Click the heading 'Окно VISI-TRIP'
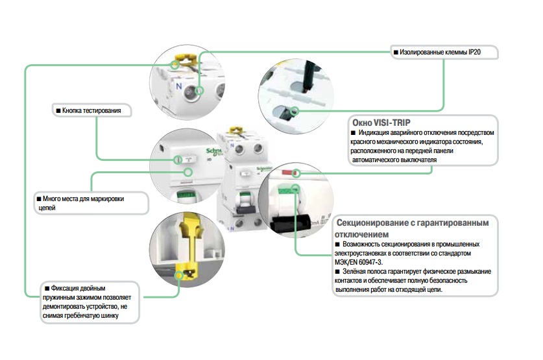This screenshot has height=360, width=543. pyautogui.click(x=381, y=123)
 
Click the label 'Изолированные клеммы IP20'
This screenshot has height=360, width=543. pyautogui.click(x=440, y=53)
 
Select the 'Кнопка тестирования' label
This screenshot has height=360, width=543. pyautogui.click(x=91, y=111)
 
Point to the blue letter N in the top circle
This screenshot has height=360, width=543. pyautogui.click(x=178, y=86)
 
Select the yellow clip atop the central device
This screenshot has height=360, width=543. pyautogui.click(x=237, y=130)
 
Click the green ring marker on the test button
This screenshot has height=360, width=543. pyautogui.click(x=178, y=160)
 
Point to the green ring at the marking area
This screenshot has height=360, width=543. pyautogui.click(x=188, y=172)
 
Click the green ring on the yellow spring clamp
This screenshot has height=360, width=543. pyautogui.click(x=178, y=276)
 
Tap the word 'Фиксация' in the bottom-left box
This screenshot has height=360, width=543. pyautogui.click(x=65, y=289)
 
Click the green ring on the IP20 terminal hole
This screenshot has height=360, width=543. pyautogui.click(x=199, y=91)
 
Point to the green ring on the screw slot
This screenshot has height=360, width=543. pyautogui.click(x=295, y=111)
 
